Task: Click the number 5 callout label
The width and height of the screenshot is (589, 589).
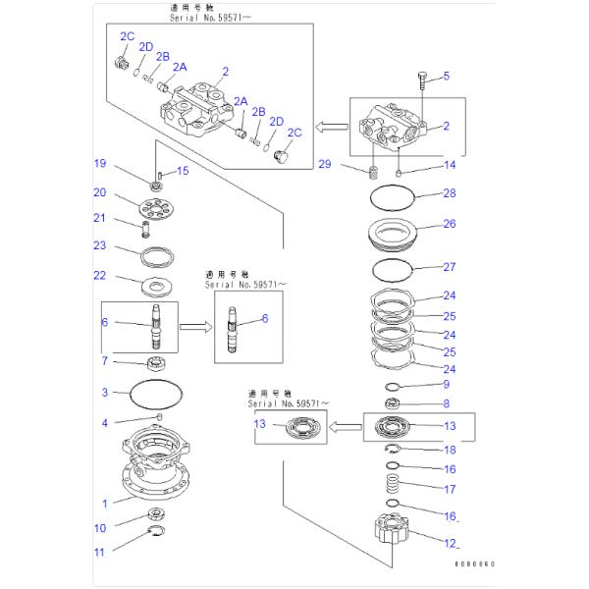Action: point(445,76)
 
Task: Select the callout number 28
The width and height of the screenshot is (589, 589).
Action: point(449,193)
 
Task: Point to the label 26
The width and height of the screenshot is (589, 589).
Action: point(449,224)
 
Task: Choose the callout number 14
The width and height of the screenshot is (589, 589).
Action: point(449,165)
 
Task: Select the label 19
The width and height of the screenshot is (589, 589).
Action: point(99,163)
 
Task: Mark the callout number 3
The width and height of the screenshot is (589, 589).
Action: point(103,393)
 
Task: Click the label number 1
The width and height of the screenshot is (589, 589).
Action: point(103,504)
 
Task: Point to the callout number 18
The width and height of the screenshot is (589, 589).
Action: point(449,450)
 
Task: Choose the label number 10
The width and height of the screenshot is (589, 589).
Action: point(99,528)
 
